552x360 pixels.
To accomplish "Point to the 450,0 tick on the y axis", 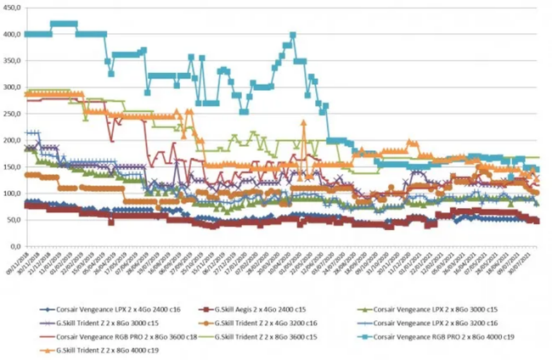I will point(14,8).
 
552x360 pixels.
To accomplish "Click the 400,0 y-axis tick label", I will point(14,35).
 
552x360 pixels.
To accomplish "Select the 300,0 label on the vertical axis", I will point(14,87).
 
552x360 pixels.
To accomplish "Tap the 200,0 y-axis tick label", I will point(14,141).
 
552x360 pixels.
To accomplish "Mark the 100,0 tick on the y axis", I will point(14,194).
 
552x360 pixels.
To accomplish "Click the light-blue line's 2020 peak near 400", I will point(293,35).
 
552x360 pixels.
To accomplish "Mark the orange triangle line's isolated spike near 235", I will point(304,122).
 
